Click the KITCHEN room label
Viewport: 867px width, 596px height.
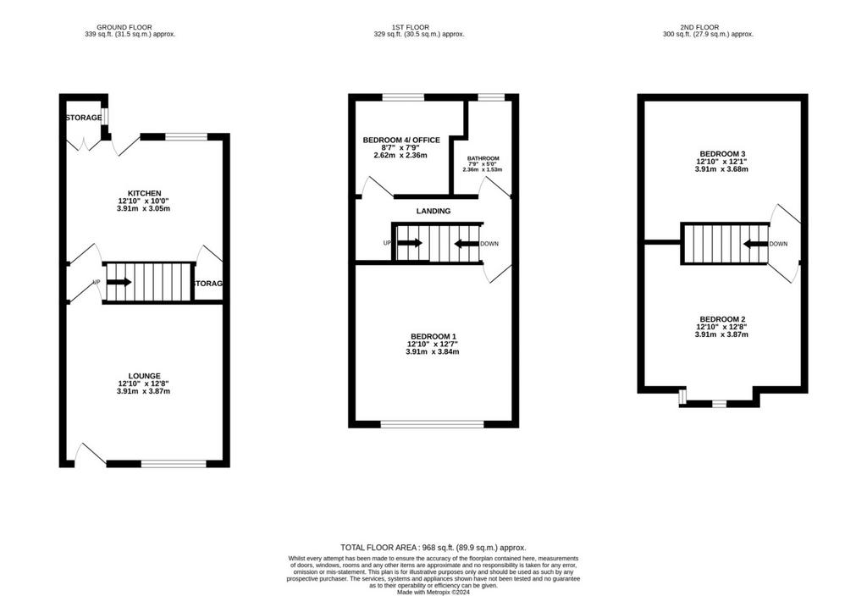tap(144, 194)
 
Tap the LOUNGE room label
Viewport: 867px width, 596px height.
tap(144, 376)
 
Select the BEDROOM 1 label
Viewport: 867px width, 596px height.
tap(433, 336)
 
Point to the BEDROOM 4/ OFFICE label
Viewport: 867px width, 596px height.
tap(401, 140)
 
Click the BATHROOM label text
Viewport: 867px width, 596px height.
tap(483, 158)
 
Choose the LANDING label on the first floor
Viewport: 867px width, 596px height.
tap(433, 211)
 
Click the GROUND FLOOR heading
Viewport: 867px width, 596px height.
tap(124, 27)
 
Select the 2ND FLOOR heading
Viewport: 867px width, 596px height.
tap(699, 27)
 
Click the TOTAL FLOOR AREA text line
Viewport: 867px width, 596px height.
tap(433, 548)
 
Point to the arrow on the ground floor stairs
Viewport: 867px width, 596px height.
tap(119, 282)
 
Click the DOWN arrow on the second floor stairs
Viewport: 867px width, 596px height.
tap(755, 244)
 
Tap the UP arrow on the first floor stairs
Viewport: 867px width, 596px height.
tap(410, 243)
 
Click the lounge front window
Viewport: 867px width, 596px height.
tap(174, 464)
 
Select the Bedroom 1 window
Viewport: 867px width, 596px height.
tap(433, 424)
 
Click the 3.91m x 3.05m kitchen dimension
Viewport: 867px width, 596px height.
tap(144, 208)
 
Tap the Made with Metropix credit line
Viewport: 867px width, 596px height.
tap(433, 592)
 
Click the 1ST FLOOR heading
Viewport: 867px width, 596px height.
tap(411, 27)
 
